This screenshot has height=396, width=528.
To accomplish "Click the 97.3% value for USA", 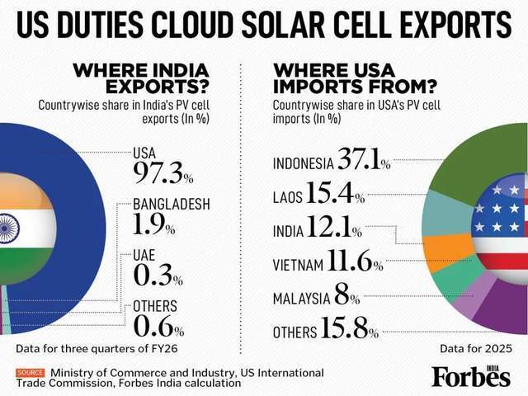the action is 163,172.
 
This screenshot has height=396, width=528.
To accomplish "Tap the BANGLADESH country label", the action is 172,204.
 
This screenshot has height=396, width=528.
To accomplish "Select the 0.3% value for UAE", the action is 158,275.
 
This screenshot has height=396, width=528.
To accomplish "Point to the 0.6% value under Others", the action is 158,326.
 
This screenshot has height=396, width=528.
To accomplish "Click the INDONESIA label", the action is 304,163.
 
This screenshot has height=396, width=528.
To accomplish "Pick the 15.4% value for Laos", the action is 336,192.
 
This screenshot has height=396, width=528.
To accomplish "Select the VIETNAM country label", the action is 298,265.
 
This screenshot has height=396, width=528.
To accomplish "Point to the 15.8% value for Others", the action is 349,328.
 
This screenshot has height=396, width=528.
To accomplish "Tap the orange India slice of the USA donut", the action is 449,251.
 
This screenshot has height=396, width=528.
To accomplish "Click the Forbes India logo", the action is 471,375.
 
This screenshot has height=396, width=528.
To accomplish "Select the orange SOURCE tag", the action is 31,373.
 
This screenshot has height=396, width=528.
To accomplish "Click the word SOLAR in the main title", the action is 282,26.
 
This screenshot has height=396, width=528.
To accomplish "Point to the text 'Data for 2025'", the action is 476,349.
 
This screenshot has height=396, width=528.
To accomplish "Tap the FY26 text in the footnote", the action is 164,349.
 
